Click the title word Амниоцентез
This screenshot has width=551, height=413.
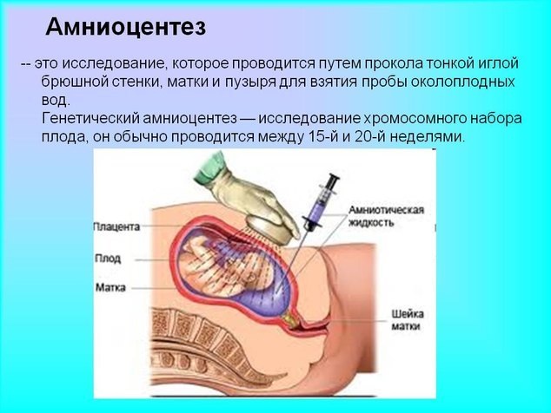[x=125, y=28]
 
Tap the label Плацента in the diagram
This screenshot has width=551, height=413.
[x=115, y=227]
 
